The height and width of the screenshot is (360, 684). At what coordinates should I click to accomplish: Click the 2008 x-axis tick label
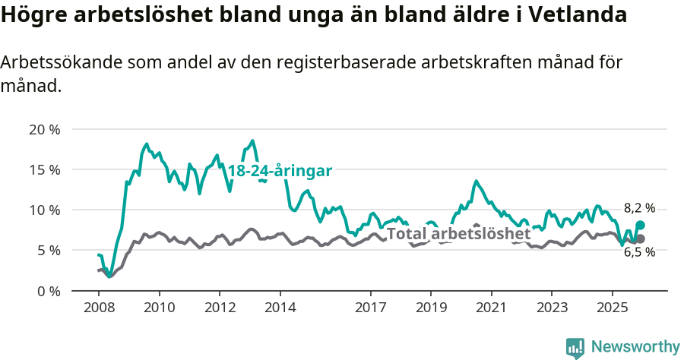pyautogui.click(x=99, y=308)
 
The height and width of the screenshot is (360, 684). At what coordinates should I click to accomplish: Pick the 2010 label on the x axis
pyautogui.click(x=159, y=308)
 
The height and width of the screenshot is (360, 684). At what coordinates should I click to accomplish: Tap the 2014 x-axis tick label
pyautogui.click(x=280, y=308)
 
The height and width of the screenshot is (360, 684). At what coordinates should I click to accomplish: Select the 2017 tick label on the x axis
pyautogui.click(x=370, y=308)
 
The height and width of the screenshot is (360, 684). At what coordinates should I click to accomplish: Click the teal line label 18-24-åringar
pyautogui.click(x=280, y=171)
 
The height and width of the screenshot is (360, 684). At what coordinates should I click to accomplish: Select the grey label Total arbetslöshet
pyautogui.click(x=458, y=233)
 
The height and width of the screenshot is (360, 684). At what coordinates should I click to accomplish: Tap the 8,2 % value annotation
pyautogui.click(x=639, y=208)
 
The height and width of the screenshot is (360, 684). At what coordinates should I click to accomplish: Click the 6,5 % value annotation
pyautogui.click(x=639, y=252)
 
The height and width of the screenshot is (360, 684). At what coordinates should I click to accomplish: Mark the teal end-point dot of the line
pyautogui.click(x=641, y=225)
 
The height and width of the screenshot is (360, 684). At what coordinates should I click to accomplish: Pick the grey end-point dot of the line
pyautogui.click(x=641, y=238)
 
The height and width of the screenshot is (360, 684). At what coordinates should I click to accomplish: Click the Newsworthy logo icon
pyautogui.click(x=575, y=348)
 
